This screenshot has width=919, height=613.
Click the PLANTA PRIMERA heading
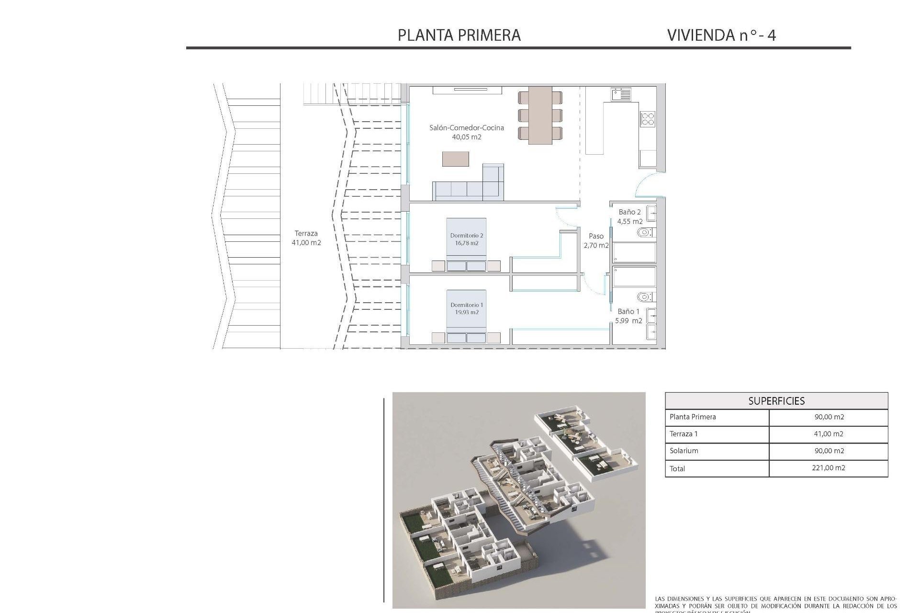(x=459, y=35)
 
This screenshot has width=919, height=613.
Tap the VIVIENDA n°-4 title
(x=721, y=35)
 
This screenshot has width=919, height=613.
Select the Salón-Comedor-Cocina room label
(x=466, y=128)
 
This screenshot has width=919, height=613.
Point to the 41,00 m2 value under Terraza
(x=306, y=243)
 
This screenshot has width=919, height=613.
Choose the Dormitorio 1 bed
(x=466, y=316)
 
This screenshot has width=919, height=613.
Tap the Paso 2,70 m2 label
(x=596, y=240)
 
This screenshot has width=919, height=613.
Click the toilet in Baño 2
(x=645, y=233)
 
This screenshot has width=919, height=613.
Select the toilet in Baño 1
(x=645, y=297)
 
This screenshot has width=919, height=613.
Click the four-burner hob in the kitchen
(x=648, y=118)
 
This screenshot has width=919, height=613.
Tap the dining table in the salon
(x=540, y=115)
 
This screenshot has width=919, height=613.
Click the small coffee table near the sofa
(x=455, y=159)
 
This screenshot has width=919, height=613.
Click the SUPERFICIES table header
(x=776, y=401)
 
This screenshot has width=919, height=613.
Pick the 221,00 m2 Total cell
(x=829, y=468)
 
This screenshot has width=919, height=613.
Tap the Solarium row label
(x=684, y=451)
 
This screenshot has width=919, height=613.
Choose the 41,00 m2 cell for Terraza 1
(x=829, y=434)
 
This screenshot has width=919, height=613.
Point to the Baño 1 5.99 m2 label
(x=628, y=316)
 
